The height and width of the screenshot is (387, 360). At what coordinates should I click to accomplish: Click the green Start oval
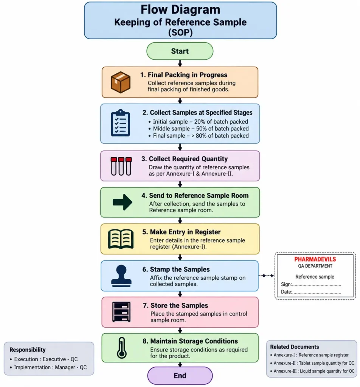tap(180, 51)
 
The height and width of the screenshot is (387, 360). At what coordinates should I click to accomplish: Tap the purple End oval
tap(180, 375)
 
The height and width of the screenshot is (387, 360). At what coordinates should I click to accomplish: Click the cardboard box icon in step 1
tap(121, 82)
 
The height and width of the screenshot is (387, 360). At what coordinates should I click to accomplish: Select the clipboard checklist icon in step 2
tap(121, 123)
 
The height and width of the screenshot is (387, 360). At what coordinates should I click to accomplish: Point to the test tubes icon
tap(121, 166)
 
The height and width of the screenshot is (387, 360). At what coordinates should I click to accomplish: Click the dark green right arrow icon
tap(123, 202)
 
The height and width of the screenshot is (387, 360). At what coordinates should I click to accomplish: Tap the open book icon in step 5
tap(121, 239)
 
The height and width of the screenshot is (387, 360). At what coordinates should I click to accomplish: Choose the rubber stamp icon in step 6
tap(121, 276)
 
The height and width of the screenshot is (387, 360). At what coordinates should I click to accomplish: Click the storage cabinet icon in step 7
tap(121, 312)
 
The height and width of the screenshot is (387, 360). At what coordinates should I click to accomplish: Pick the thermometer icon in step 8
tap(122, 348)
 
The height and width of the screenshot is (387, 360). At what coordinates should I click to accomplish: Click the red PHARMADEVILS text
tap(315, 259)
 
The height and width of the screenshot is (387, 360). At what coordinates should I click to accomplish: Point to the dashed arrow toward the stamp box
tap(267, 276)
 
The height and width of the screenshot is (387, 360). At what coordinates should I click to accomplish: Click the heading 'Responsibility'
tap(27, 350)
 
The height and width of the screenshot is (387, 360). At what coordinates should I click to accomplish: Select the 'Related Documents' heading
tap(294, 347)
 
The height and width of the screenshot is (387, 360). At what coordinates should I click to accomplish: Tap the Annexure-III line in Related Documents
tap(312, 371)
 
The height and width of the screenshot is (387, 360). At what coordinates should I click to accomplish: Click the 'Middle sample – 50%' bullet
tap(199, 128)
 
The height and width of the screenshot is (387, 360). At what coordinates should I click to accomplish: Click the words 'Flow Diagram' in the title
tap(180, 9)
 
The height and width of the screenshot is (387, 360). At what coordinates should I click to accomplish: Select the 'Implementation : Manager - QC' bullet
tap(48, 367)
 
